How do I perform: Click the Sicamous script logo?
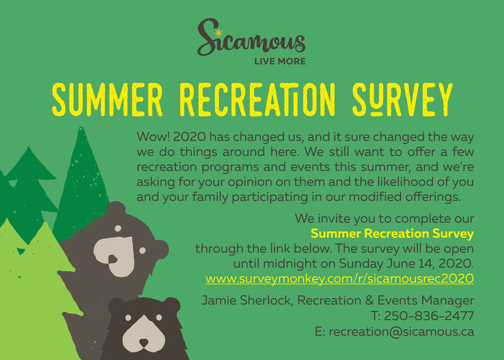[x=251, y=38]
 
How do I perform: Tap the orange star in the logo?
[x=219, y=33]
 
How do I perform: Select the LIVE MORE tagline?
[x=280, y=62]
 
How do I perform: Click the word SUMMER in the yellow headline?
[x=107, y=100]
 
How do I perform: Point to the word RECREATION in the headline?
[x=257, y=100]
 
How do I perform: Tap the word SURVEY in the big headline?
[x=403, y=100]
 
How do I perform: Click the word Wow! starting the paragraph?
[x=153, y=137]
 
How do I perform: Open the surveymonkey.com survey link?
[x=340, y=278]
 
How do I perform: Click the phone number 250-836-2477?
[x=429, y=315]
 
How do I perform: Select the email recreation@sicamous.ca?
[x=402, y=331]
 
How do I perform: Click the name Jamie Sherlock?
[x=247, y=300]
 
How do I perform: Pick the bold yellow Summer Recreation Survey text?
[x=392, y=233]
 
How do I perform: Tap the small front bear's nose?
[x=144, y=343]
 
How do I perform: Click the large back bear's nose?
[x=112, y=259]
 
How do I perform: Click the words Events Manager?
[x=425, y=300]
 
